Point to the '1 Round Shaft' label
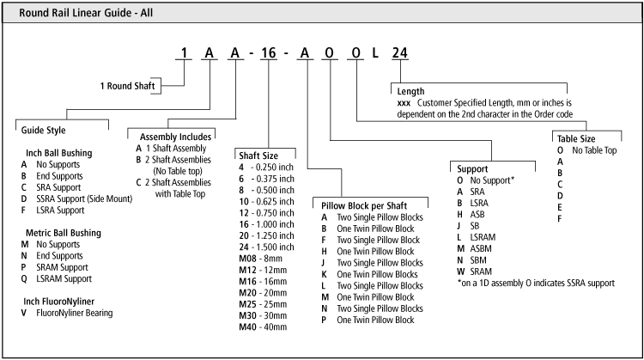coord(129,86)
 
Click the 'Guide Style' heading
coord(44,129)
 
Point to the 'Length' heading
coord(410,90)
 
